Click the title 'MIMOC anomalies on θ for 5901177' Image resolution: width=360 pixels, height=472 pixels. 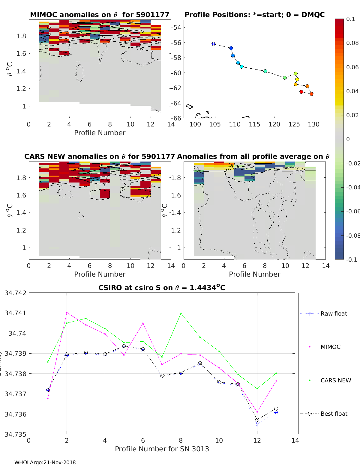click(x=100, y=15)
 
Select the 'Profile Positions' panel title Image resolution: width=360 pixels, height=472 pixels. click(x=254, y=15)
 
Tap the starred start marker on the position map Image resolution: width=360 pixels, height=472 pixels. click(x=213, y=44)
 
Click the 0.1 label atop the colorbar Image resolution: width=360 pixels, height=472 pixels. click(x=350, y=19)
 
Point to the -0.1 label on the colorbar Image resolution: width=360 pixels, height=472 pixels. click(x=351, y=260)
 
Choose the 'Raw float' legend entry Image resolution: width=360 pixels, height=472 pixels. click(x=334, y=313)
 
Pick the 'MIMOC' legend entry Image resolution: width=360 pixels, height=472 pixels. click(x=330, y=347)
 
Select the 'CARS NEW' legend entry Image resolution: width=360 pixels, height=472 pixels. click(x=335, y=380)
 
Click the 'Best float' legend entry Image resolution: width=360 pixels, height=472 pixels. click(x=334, y=414)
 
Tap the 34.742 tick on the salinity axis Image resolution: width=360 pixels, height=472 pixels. click(x=15, y=293)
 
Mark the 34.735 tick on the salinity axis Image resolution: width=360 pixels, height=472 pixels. click(x=15, y=434)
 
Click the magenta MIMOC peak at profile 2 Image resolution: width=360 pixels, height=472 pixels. click(x=67, y=312)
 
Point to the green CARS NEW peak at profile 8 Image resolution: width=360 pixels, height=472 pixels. click(x=181, y=313)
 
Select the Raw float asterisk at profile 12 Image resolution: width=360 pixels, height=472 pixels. click(x=257, y=424)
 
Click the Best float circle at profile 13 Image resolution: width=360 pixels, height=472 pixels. click(x=276, y=408)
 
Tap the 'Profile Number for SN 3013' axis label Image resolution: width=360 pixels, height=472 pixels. click(x=162, y=449)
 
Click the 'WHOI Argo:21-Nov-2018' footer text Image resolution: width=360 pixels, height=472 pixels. click(x=45, y=462)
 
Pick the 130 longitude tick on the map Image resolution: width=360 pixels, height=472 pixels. click(x=314, y=124)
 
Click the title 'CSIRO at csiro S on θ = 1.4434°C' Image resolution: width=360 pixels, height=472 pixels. click(x=162, y=288)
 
